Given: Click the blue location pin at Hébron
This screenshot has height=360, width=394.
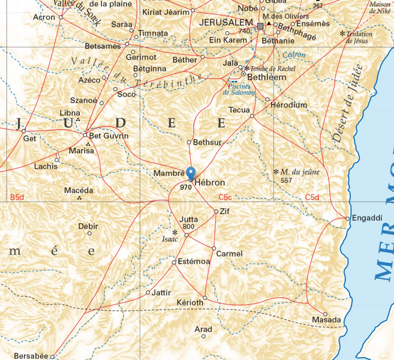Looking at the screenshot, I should (x=191, y=173).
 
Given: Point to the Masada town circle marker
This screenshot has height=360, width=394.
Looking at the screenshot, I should (x=326, y=314).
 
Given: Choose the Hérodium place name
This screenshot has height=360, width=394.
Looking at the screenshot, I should (x=289, y=105).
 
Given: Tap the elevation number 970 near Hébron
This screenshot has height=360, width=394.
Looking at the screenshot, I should (x=185, y=187).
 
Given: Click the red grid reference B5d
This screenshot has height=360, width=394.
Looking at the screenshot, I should (x=17, y=197).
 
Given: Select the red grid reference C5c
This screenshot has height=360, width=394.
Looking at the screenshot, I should (x=225, y=197).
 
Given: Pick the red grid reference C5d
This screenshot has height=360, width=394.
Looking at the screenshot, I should (x=312, y=197).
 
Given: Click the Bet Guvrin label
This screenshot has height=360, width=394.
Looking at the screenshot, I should (x=109, y=136).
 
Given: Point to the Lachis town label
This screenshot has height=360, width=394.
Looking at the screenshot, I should (x=46, y=166).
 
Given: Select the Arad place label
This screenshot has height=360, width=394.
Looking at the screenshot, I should (x=203, y=329).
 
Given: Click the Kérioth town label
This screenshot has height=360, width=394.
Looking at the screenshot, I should (x=190, y=302).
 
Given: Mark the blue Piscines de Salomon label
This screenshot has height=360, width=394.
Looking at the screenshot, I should (x=239, y=89).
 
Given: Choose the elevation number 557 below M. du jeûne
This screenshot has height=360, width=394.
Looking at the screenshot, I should (x=286, y=181).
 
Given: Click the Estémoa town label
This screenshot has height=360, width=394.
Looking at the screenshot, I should (x=194, y=262).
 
